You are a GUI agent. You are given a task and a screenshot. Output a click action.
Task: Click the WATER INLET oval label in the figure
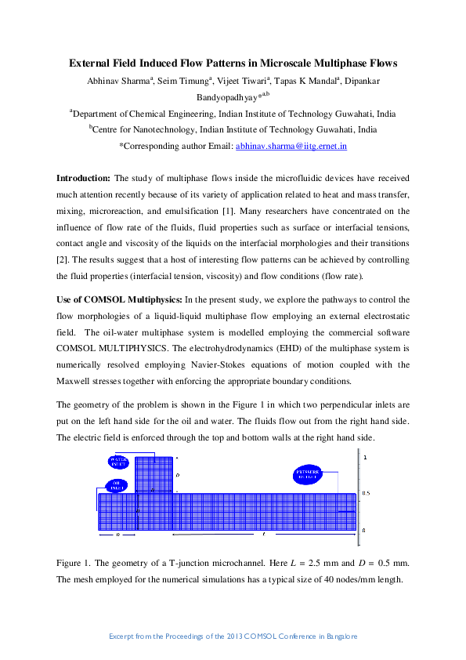118,462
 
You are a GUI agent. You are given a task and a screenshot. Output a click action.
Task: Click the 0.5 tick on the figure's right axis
365,493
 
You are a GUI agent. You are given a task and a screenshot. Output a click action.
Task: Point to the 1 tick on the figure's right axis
363,456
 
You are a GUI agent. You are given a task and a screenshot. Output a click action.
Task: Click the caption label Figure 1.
75,564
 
